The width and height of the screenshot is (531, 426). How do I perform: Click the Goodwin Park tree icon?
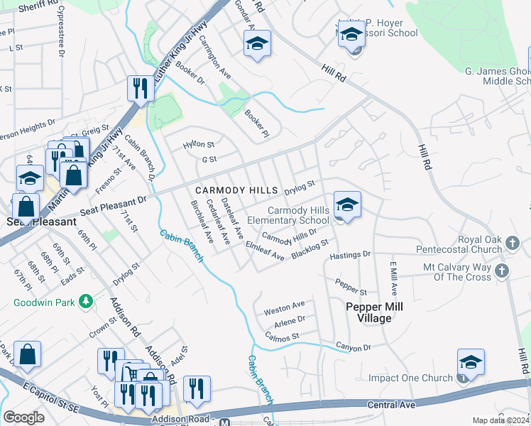pyautogui.click(x=87, y=302)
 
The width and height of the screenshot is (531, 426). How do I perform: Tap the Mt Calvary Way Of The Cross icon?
pyautogui.click(x=502, y=270)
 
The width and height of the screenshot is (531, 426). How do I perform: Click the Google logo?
pyautogui.click(x=23, y=417)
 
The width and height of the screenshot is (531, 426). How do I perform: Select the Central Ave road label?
pyautogui.click(x=386, y=405)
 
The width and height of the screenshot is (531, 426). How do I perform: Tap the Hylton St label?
pyautogui.click(x=198, y=143)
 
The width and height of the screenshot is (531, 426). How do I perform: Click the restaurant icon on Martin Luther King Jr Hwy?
pyautogui.click(x=138, y=88)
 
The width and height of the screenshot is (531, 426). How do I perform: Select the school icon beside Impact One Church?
pyautogui.click(x=471, y=361)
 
